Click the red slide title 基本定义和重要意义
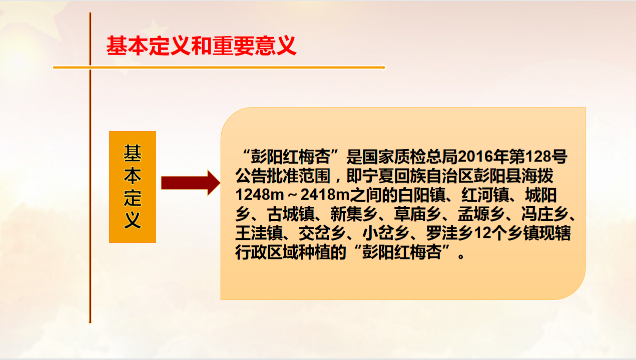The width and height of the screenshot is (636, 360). [x=201, y=45]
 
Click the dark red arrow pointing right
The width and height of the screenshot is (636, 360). [x=191, y=182]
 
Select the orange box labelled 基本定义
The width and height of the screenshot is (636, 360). [x=133, y=187]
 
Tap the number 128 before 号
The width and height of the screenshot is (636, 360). [x=538, y=156]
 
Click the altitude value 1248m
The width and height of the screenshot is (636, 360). [x=260, y=195]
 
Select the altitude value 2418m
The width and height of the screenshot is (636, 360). [x=325, y=195]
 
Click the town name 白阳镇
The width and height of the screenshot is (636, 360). [x=422, y=195]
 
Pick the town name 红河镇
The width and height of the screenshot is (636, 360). [x=485, y=195]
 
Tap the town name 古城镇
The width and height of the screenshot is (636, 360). [x=291, y=214]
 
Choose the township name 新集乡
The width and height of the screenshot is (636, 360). [x=354, y=214]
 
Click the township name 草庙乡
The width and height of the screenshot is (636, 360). [x=418, y=214]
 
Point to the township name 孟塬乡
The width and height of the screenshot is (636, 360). [x=481, y=214]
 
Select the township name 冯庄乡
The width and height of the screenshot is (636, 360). [x=545, y=214]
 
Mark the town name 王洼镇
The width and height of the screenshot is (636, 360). [x=259, y=233]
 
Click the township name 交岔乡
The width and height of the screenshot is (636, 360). [x=323, y=233]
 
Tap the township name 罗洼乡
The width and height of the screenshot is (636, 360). [x=450, y=233]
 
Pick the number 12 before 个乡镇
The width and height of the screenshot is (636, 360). [x=482, y=233]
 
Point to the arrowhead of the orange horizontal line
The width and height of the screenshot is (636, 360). [x=384, y=67]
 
